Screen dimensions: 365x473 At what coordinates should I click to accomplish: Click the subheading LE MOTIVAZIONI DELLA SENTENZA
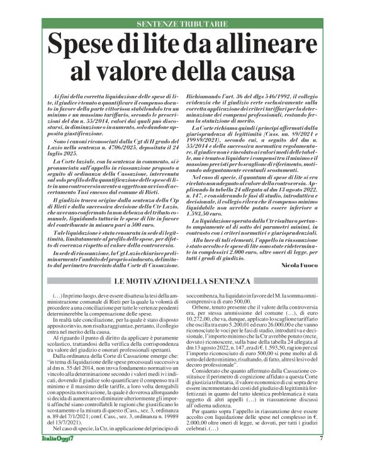[x=182, y=262]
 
